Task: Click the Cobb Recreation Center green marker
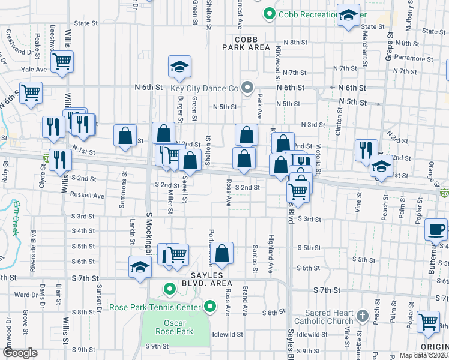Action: [x=270, y=13]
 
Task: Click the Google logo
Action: [x=20, y=353]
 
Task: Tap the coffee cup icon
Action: [x=436, y=229]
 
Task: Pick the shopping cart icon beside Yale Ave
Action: [x=62, y=61]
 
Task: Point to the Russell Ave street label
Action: [x=88, y=195]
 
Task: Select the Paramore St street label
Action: [x=400, y=58]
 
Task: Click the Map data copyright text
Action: [x=424, y=355]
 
